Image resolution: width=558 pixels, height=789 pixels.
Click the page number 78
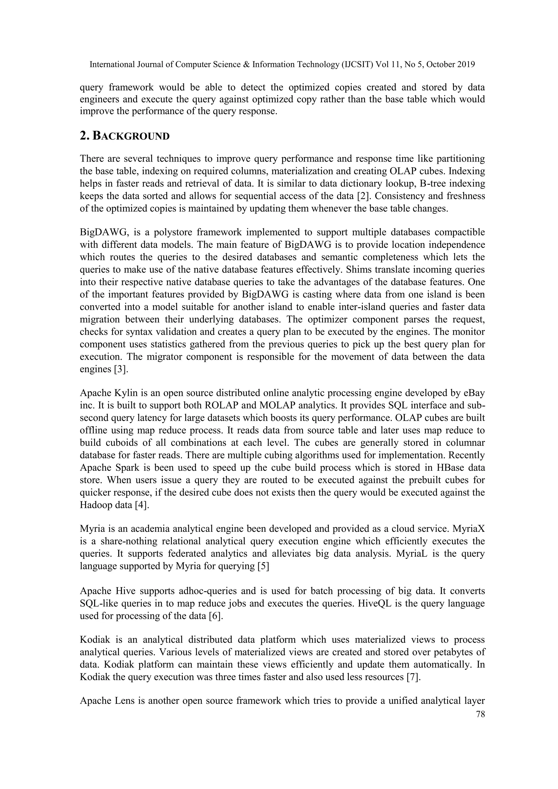pos(480,714)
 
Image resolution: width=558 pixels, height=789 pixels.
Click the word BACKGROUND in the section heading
pos(131,136)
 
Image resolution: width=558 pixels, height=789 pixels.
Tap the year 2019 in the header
pos(466,65)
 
